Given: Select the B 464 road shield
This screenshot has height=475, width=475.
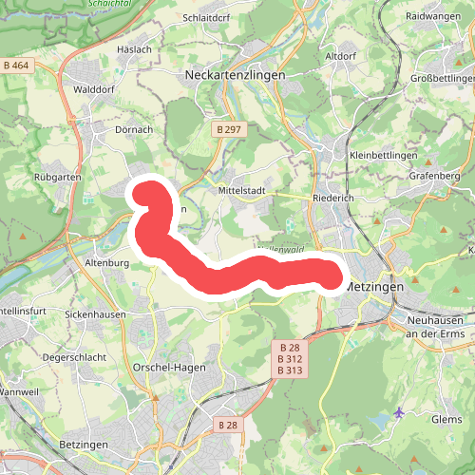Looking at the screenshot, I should coord(17,65).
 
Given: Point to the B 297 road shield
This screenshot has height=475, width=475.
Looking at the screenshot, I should coord(228,128).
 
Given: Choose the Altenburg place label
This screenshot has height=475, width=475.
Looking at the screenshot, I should coord(106,261).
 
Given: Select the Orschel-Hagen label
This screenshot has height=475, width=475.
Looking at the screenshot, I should coord(170,367).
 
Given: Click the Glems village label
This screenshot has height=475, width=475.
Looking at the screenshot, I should coord(446,419).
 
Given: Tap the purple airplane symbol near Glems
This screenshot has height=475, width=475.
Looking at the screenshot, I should coord(398,412).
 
